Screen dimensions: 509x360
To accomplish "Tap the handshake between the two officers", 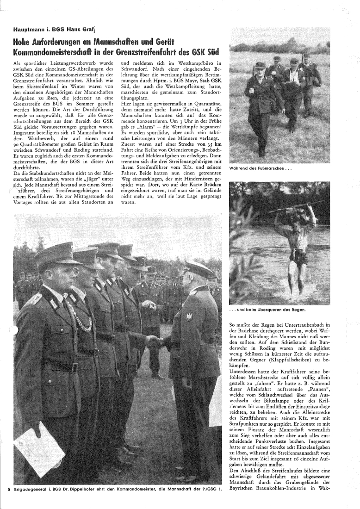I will [155, 341].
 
